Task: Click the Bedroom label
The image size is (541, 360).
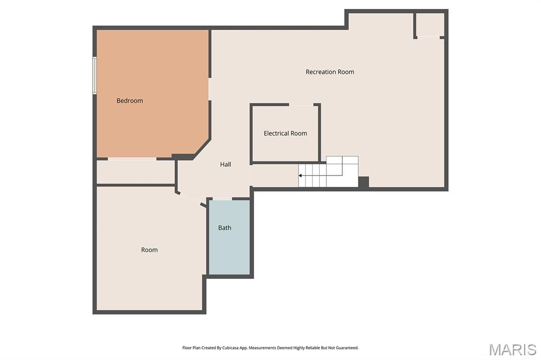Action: [x=130, y=101]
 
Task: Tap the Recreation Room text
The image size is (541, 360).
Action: [x=330, y=72]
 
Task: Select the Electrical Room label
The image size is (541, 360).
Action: [x=285, y=134]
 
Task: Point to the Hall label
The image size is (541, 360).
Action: [x=226, y=165]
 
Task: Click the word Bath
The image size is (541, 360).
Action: [x=225, y=228]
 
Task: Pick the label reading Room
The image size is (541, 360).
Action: [x=150, y=250]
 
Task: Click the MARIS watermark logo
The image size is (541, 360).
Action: [x=512, y=349]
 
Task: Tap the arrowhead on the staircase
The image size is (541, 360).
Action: [x=300, y=176]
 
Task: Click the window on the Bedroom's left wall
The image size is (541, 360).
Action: [x=94, y=75]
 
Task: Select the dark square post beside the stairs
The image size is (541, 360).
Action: [x=363, y=182]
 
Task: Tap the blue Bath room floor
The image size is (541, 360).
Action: [x=229, y=237]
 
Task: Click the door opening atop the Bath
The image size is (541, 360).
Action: [x=222, y=198]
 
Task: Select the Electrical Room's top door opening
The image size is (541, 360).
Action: [x=301, y=105]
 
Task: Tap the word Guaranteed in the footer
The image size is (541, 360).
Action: [x=348, y=348]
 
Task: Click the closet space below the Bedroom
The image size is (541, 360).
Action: [x=136, y=172]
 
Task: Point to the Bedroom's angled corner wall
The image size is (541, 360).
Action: [x=202, y=149]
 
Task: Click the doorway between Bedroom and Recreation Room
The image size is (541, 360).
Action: [x=210, y=89]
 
